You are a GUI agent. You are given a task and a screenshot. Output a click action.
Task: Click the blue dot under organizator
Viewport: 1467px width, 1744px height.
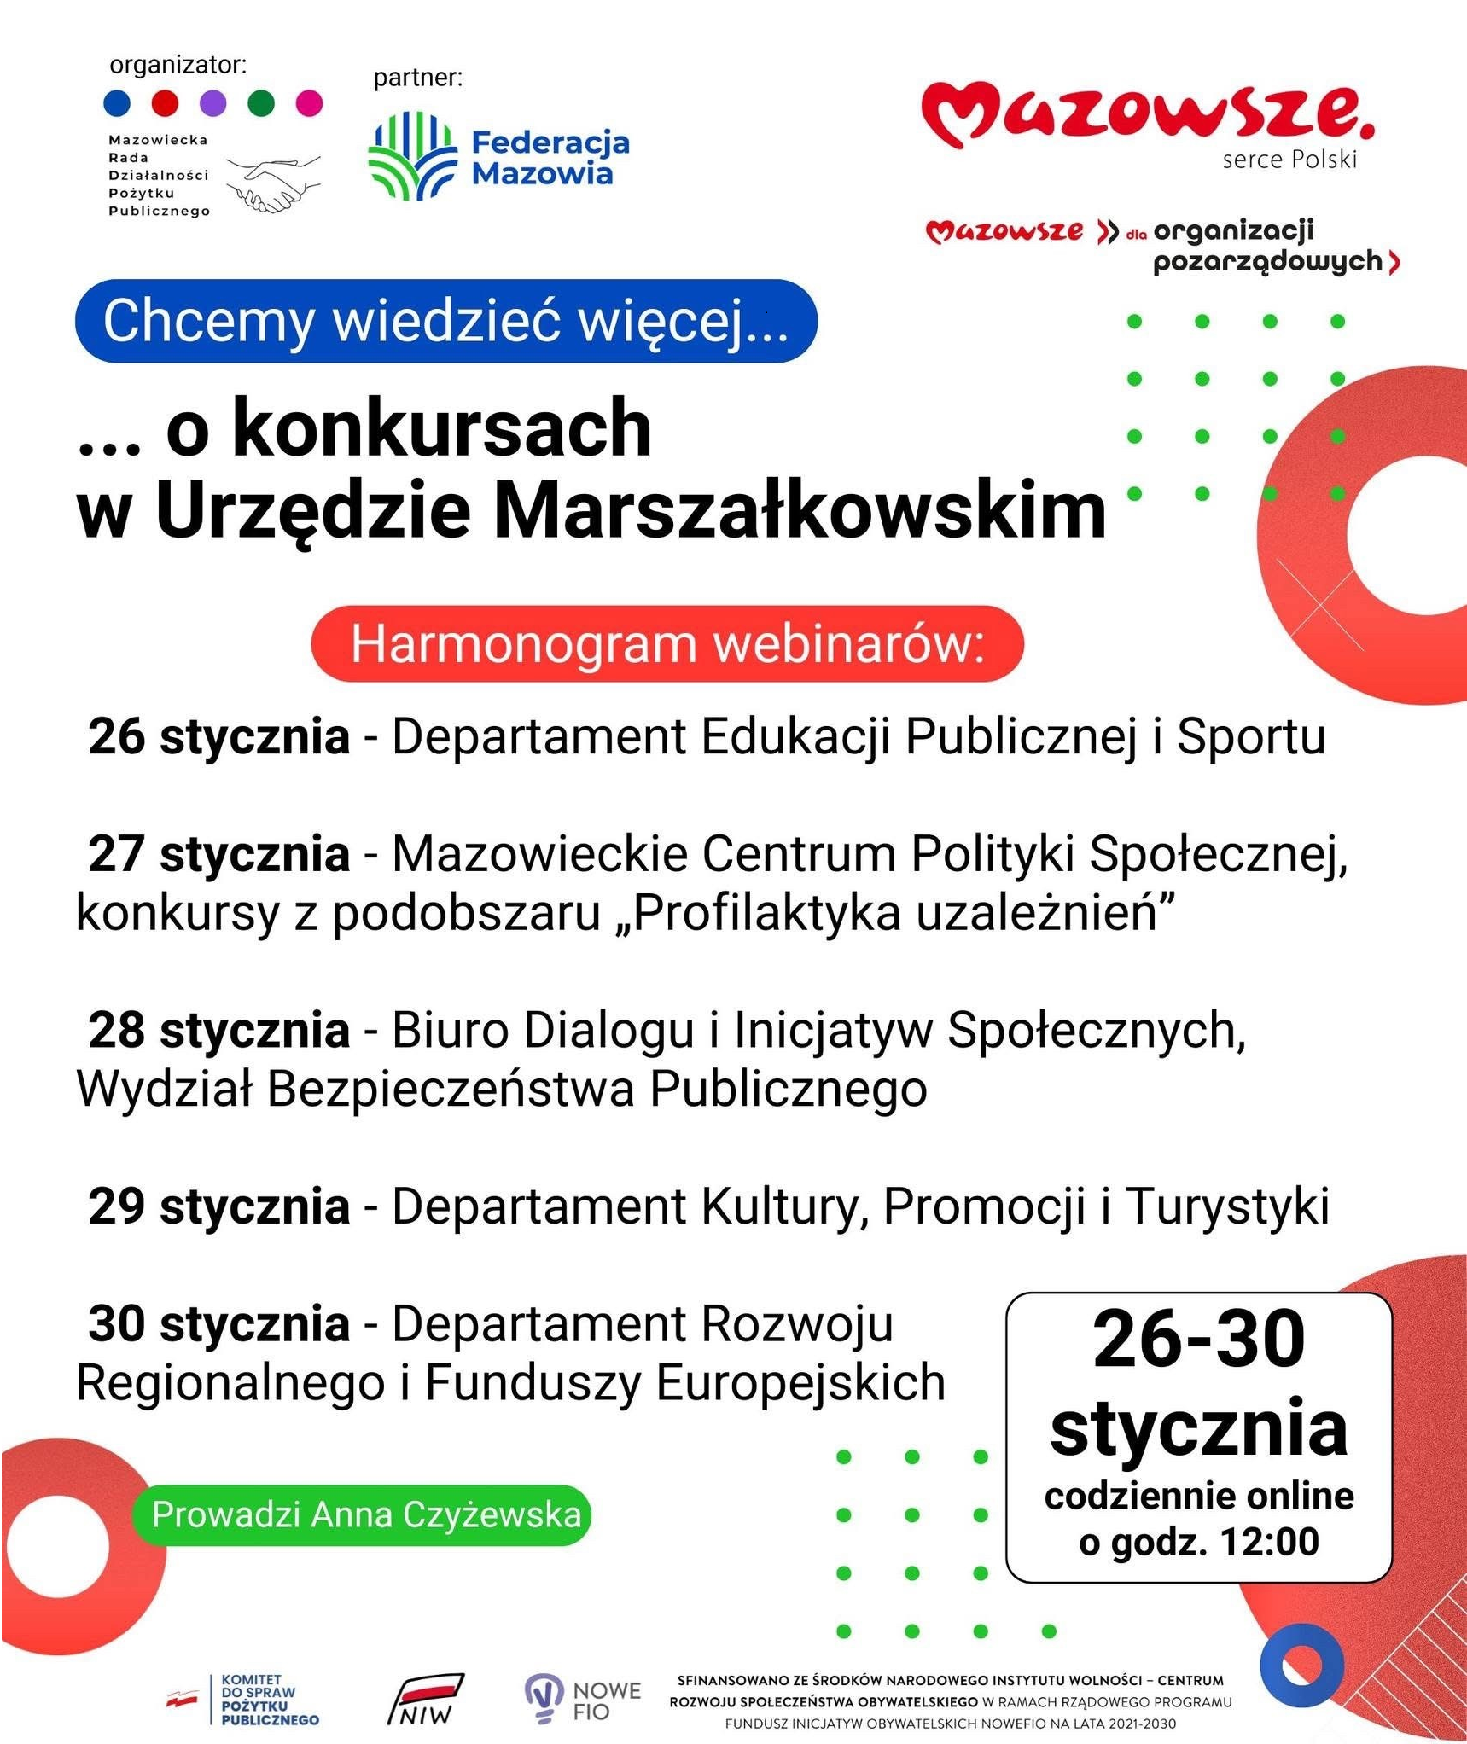click(117, 103)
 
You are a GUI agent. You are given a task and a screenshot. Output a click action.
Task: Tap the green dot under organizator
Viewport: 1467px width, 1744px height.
click(261, 103)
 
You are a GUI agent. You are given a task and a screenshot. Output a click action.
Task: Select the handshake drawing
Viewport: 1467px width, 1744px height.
click(274, 183)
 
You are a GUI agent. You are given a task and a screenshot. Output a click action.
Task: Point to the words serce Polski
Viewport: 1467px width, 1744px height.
click(1289, 160)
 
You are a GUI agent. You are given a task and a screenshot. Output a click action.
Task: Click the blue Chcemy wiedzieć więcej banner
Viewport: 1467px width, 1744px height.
click(445, 321)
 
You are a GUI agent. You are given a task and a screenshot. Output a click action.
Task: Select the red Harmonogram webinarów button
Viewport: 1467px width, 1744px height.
click(667, 644)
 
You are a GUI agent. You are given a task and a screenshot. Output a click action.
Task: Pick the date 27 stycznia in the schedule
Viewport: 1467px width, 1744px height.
click(219, 853)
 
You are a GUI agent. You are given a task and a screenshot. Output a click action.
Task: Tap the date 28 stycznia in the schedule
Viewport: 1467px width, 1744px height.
click(219, 1030)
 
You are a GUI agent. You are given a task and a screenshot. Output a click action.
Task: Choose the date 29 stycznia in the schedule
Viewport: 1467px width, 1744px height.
click(219, 1206)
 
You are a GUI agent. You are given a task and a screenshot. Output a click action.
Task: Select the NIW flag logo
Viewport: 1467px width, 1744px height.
click(425, 1700)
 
